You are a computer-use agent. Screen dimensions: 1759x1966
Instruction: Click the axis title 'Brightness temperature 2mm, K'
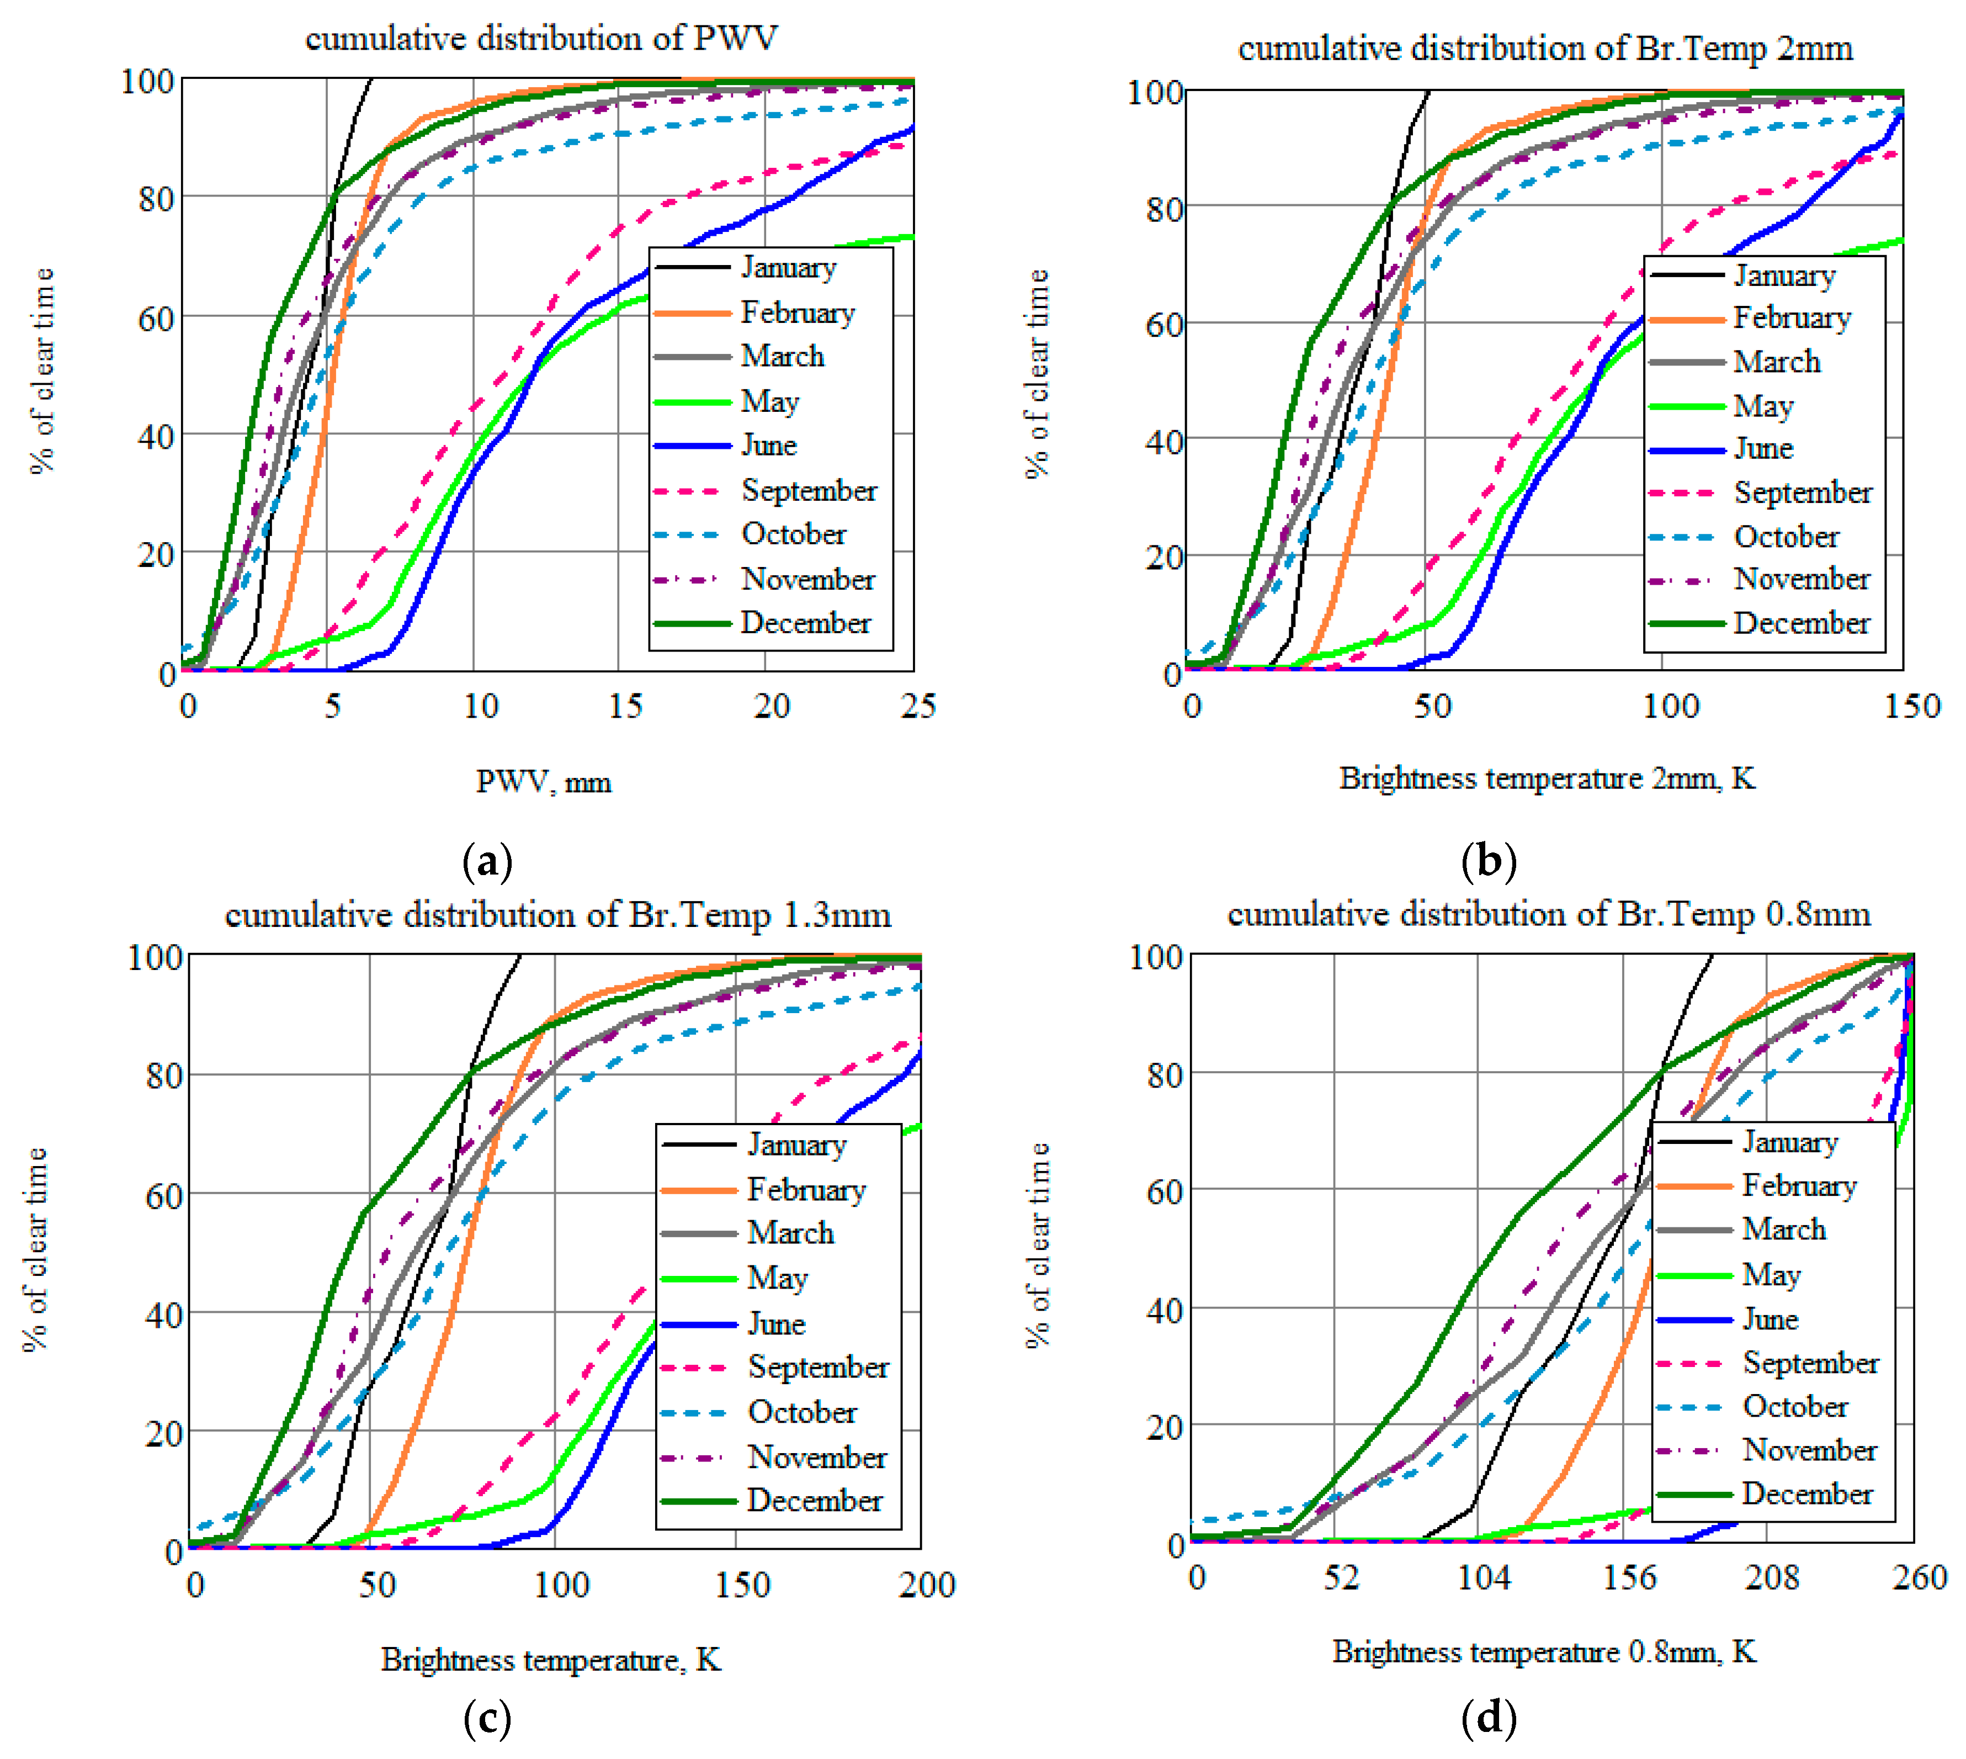1546,778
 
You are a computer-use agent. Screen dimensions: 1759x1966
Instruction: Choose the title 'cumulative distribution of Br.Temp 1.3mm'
557,914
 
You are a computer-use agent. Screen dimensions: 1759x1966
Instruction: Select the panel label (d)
1489,1718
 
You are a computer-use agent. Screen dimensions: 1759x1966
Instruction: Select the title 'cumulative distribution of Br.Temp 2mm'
1545,49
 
